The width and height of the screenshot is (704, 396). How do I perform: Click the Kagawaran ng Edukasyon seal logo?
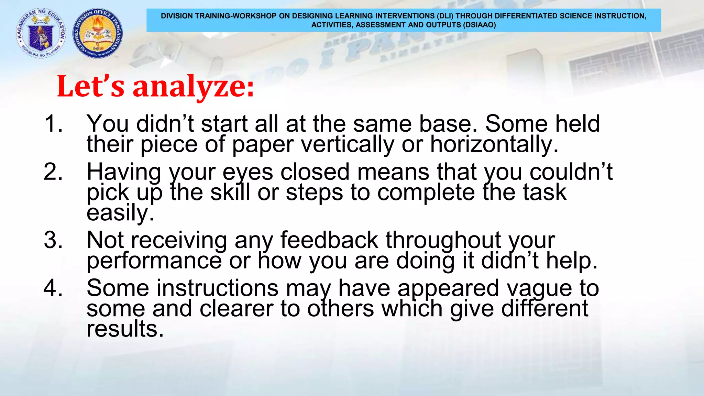[x=41, y=33]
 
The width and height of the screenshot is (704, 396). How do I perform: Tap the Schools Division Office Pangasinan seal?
[x=98, y=33]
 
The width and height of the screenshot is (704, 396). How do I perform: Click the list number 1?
[x=53, y=123]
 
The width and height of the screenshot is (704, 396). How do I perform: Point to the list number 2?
[x=53, y=172]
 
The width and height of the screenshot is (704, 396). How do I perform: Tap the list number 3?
[x=53, y=240]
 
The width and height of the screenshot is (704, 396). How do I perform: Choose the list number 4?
[x=53, y=288]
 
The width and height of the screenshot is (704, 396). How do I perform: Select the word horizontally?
[x=494, y=144]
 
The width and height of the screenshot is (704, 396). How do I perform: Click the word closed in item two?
[x=315, y=172]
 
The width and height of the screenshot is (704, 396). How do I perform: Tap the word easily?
[x=120, y=213]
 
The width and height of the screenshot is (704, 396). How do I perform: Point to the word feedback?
[x=329, y=240]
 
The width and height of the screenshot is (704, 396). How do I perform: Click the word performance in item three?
[x=154, y=261]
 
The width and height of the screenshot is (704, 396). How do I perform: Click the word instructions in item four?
[x=182, y=288]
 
